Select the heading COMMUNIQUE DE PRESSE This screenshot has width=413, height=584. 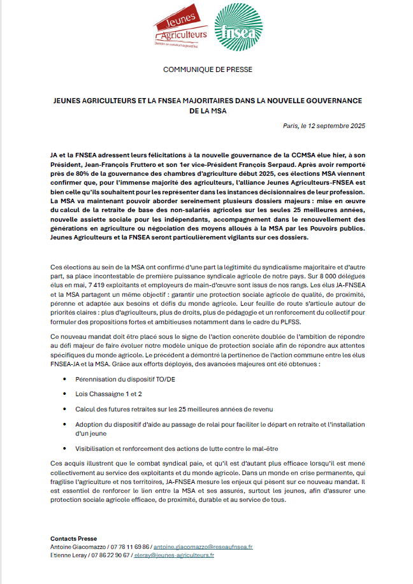click(x=208, y=69)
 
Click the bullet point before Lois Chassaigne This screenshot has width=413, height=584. click(x=68, y=394)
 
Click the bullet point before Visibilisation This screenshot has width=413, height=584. click(x=68, y=449)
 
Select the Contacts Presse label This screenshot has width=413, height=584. click(x=73, y=539)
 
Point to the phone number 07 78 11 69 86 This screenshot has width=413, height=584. click(x=130, y=546)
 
